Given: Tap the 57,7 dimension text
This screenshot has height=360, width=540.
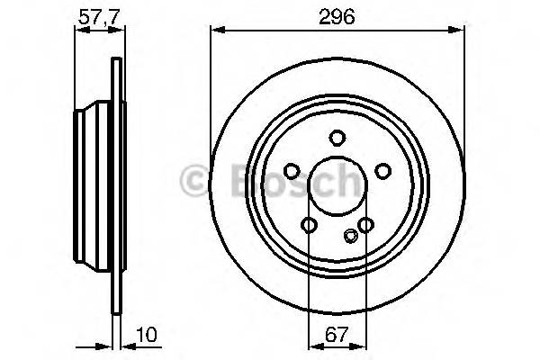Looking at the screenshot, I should (94, 15).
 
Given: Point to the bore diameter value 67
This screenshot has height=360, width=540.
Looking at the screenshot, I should (337, 335).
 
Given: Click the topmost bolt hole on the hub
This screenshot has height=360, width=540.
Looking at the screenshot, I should (337, 138).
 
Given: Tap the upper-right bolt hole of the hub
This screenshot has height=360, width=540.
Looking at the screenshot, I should (382, 171).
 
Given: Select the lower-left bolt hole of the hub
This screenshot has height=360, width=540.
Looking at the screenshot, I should (309, 225).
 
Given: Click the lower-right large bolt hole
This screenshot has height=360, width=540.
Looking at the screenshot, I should (365, 225).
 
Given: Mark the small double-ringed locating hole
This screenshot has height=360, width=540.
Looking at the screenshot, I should (351, 238).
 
